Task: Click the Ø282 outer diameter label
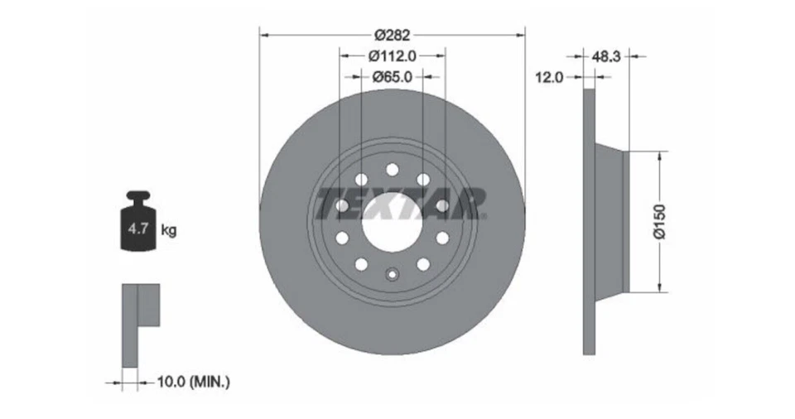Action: tap(393, 35)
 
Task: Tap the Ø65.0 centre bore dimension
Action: tap(393, 76)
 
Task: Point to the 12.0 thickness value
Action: tap(549, 76)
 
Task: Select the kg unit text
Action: tap(168, 230)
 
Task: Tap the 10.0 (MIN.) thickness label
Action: tap(193, 382)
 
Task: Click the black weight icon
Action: tap(137, 222)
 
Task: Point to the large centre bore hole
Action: tap(393, 222)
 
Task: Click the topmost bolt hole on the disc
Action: tap(393, 170)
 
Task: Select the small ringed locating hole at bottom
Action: tap(393, 274)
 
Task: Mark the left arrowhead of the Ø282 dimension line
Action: tap(263, 35)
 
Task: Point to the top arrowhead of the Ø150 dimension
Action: tap(660, 155)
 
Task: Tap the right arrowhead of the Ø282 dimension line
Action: tap(522, 35)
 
